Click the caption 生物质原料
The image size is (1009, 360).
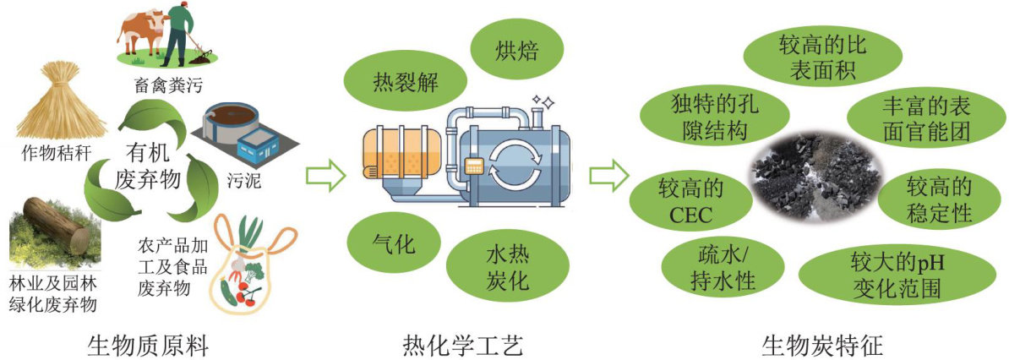pos(146,346)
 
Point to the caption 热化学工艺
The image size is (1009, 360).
pos(463,346)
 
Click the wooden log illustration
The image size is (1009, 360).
pos(56,228)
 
